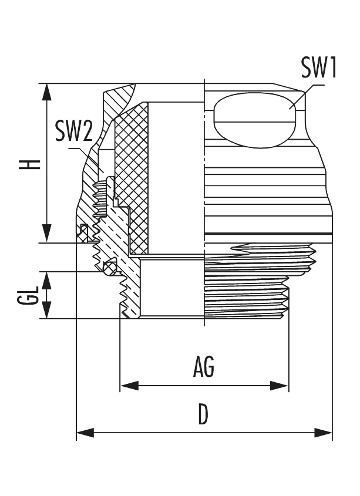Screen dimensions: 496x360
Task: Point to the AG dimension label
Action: click(203, 368)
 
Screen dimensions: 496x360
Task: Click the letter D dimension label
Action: click(203, 415)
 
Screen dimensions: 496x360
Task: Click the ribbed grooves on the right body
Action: click(264, 188)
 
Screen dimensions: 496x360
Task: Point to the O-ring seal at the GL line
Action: click(106, 268)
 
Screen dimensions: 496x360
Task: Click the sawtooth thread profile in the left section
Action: click(125, 293)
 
